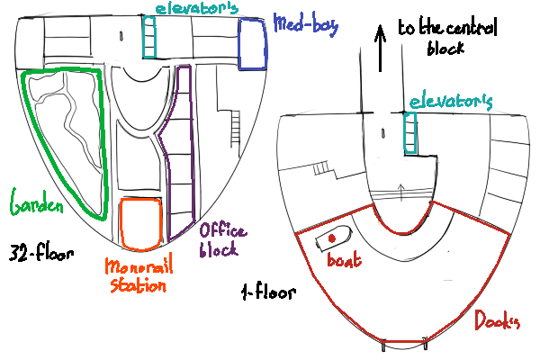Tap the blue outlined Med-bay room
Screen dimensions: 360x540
(x=253, y=42)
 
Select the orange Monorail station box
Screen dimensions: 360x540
(x=141, y=223)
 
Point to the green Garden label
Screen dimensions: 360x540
(x=37, y=203)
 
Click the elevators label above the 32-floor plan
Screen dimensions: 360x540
(x=195, y=8)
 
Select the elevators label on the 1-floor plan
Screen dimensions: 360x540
(x=450, y=102)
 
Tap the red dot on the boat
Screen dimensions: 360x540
(x=332, y=238)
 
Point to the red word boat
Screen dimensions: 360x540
(x=345, y=261)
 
